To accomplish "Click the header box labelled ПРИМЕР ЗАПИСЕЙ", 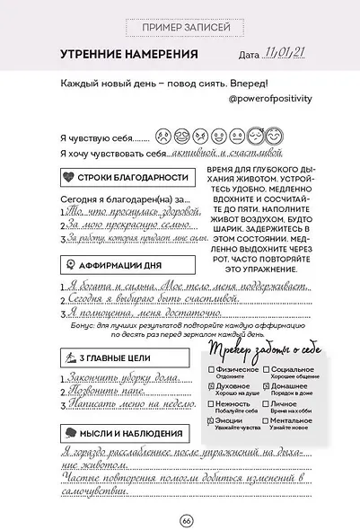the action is [180, 30].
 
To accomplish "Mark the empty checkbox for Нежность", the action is [210, 404].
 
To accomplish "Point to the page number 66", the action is [186, 520].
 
